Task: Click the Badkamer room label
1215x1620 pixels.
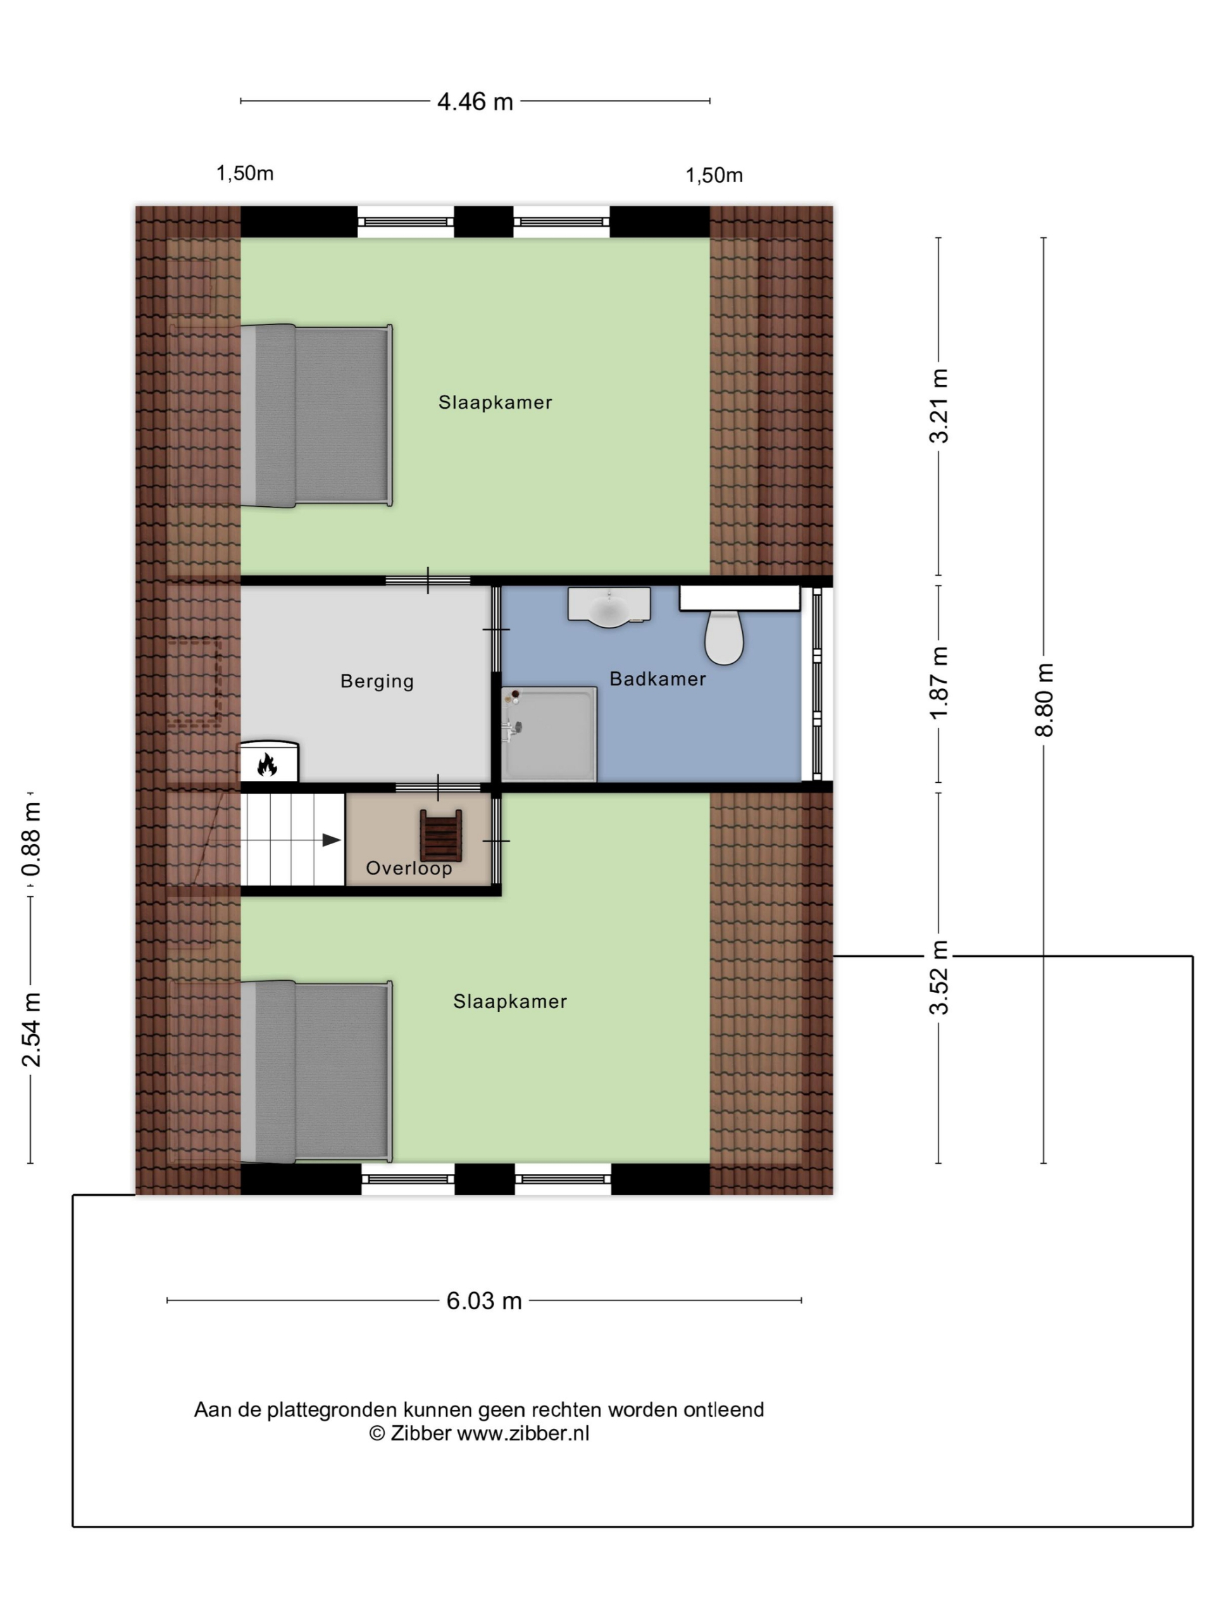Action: point(657,679)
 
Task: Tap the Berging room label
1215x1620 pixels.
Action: point(377,682)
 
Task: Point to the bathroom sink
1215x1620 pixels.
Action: point(609,607)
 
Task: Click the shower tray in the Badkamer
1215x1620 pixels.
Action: point(549,734)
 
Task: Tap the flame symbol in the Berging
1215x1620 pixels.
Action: point(266,765)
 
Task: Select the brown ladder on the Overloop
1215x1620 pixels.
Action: point(441,837)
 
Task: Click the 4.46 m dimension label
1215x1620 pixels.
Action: point(475,102)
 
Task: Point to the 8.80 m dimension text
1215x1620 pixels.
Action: point(1044,699)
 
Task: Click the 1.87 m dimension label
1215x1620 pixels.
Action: point(939,683)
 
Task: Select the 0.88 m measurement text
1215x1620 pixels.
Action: point(31,839)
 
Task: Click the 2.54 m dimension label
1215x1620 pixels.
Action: point(31,1030)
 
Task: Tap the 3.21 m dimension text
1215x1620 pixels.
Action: point(939,406)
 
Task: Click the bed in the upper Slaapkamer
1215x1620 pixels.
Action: point(316,415)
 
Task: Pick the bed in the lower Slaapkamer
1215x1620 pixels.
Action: point(316,1071)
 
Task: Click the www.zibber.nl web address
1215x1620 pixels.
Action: point(523,1434)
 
